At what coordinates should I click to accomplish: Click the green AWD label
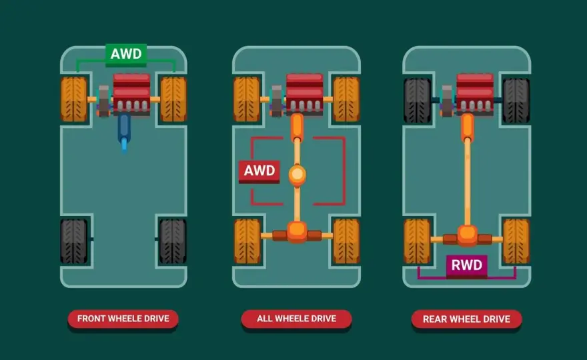pos(126,55)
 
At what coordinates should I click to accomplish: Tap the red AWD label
pos(259,171)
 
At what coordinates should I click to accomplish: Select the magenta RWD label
pos(466,266)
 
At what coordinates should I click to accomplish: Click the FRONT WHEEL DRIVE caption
pos(123,319)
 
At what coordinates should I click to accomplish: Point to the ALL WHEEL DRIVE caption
pos(296,319)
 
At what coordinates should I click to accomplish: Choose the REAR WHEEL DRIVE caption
pos(466,319)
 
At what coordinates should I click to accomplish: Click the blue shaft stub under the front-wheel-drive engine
pos(124,133)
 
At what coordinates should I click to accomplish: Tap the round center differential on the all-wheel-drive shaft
pos(298,175)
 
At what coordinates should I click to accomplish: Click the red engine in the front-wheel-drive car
pos(132,93)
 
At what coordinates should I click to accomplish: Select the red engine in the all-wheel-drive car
pos(305,93)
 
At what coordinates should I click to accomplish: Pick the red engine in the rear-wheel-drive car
pos(475,93)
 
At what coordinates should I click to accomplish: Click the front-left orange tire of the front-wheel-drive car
pos(74,99)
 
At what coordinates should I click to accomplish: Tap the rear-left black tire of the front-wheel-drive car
pos(74,241)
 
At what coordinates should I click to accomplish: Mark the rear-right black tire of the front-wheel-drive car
pos(173,241)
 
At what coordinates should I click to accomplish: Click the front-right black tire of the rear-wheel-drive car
pos(516,100)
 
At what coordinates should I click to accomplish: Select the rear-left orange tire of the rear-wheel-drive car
pos(417,241)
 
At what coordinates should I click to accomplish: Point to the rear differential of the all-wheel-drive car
pos(298,233)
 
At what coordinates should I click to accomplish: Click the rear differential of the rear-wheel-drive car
pos(467,236)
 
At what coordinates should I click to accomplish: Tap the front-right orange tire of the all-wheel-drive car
pos(347,99)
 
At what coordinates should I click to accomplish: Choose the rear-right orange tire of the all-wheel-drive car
pos(347,241)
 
